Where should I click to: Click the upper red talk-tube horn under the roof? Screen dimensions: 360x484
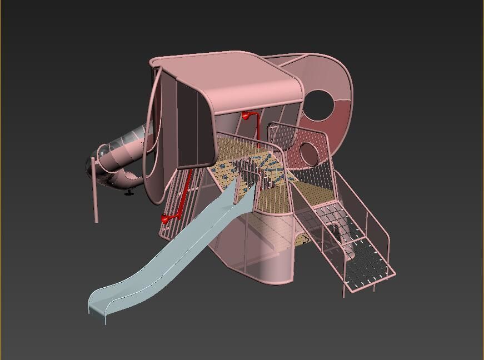245,116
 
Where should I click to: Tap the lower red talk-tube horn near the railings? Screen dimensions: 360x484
165,219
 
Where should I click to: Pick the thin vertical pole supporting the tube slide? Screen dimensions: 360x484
95,194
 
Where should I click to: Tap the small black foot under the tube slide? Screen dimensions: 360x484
129,193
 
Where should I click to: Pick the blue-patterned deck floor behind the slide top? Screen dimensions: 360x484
270,167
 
